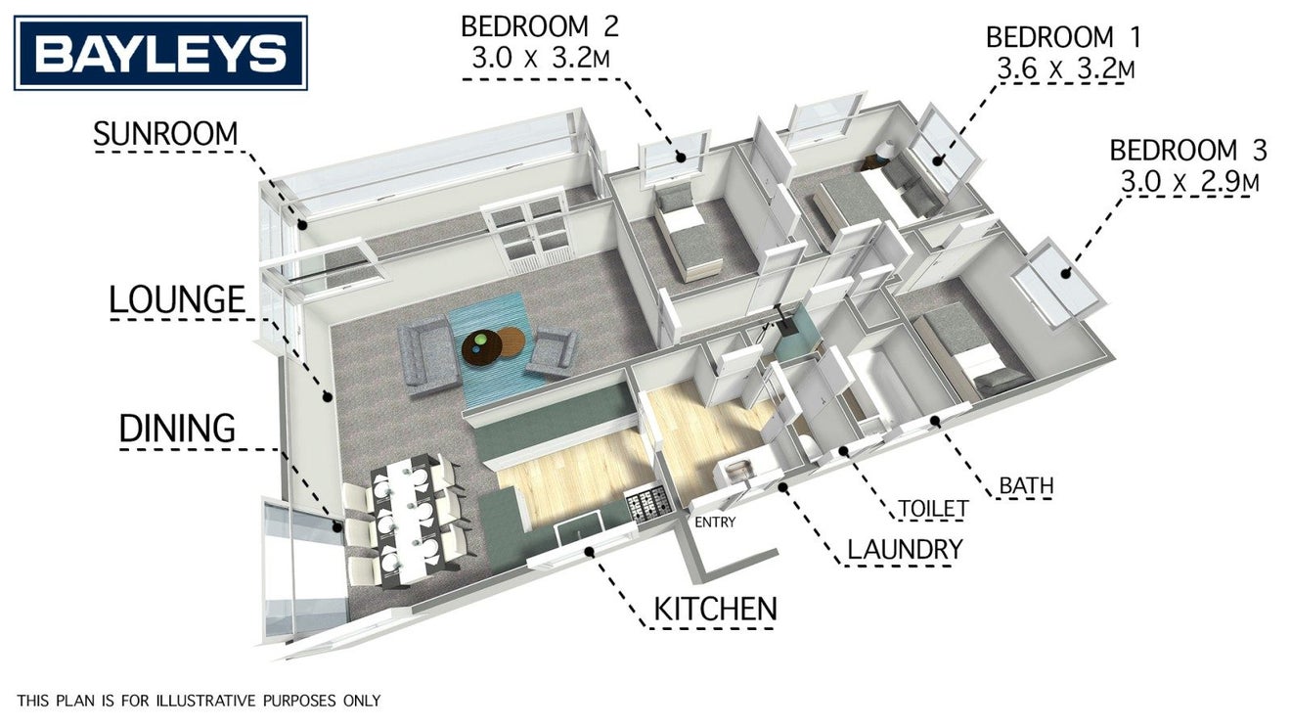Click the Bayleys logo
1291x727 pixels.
(160, 53)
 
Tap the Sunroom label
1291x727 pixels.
(165, 134)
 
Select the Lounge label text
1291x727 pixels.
(177, 299)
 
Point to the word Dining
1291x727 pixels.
(177, 428)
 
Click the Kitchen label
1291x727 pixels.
(715, 609)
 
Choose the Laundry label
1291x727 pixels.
(905, 549)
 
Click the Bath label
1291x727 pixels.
(1026, 485)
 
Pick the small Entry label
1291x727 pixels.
(715, 523)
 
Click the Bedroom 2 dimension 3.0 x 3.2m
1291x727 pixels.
(541, 59)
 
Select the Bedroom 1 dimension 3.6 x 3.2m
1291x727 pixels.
(1066, 69)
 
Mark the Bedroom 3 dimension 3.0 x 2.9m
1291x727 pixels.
(1189, 182)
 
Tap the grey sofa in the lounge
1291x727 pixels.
(428, 357)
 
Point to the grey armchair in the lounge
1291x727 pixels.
(553, 351)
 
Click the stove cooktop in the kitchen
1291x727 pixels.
(649, 505)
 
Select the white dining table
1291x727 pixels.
(406, 518)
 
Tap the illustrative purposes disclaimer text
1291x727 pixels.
(199, 701)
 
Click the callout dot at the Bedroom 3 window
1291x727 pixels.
(1066, 274)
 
